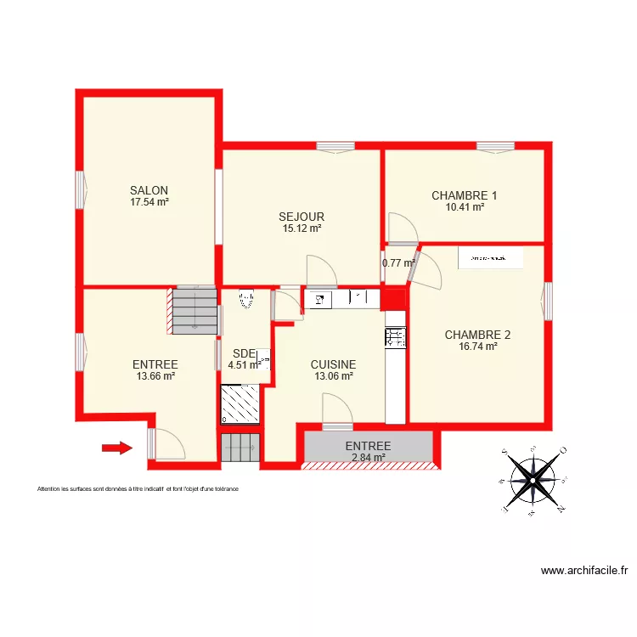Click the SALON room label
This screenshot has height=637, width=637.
[x=149, y=190]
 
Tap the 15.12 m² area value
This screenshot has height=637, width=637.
[x=302, y=228]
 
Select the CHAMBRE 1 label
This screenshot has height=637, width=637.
[x=465, y=195]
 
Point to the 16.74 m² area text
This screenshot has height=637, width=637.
[x=477, y=346]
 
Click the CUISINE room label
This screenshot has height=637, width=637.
[x=333, y=364]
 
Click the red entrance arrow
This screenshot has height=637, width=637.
[x=117, y=448]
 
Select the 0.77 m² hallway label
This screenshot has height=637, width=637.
[x=397, y=263]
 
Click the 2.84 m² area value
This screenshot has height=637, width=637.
[x=368, y=457]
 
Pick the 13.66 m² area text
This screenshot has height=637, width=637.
[x=155, y=375]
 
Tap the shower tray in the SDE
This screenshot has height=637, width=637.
[x=241, y=403]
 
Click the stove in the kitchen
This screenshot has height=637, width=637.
[x=396, y=337]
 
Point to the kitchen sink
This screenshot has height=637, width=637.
[x=319, y=298]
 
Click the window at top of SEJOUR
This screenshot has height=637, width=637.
[x=335, y=147]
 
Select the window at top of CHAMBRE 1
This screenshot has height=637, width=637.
[x=495, y=147]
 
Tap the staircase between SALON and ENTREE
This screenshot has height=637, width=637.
[x=194, y=307]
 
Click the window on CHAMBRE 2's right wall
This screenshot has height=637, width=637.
[x=548, y=302]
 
